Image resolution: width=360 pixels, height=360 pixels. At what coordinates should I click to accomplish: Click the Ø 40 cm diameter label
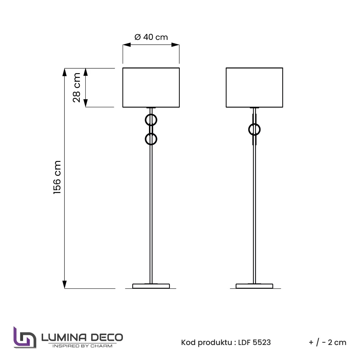151,37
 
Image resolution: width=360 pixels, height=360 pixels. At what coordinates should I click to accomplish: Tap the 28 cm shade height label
77,88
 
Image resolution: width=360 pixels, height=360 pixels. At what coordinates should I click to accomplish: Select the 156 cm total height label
57,177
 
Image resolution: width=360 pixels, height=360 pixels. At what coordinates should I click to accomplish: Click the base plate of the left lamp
151,286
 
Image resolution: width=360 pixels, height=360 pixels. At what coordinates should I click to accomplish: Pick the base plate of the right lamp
254,286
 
